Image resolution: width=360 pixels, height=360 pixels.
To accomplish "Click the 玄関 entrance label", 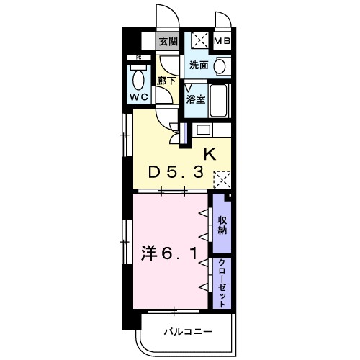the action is (x=168, y=42).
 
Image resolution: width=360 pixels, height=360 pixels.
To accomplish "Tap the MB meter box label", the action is (x=222, y=41).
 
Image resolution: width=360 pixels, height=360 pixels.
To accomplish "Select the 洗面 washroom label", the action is (x=199, y=65).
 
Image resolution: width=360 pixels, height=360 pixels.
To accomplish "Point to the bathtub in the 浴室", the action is (x=218, y=101).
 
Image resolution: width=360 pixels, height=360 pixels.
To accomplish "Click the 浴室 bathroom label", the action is (x=196, y=99).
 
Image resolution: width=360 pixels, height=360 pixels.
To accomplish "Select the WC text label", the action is (x=139, y=97).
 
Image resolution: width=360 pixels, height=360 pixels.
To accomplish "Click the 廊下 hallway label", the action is (x=166, y=81).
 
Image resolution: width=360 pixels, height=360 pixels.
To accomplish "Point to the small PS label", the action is (x=138, y=58).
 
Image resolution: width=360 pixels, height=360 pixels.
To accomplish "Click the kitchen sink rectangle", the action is (x=204, y=130).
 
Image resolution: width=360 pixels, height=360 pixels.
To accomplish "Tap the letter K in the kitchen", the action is (x=210, y=154).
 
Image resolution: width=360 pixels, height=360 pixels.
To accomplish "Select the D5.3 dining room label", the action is (x=176, y=172).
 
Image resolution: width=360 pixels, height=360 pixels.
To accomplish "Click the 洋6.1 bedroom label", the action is (x=170, y=254).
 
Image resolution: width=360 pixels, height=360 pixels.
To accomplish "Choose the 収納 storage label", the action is (x=222, y=225).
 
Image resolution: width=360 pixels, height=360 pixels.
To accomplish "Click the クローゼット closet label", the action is (x=222, y=283).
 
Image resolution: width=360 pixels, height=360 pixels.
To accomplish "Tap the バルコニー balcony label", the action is (x=189, y=332).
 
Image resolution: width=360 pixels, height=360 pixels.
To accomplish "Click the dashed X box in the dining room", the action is (x=222, y=179).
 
